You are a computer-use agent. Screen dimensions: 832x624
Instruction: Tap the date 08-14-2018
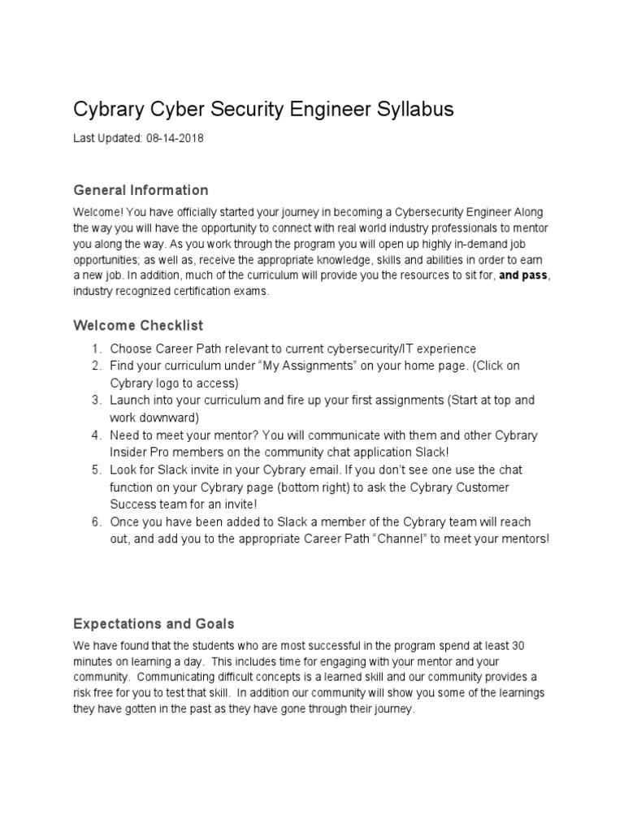(x=175, y=139)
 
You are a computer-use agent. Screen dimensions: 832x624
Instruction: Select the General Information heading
(x=141, y=190)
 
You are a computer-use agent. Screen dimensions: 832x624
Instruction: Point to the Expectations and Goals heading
(x=154, y=624)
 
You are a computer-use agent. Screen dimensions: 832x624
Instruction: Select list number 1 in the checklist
(x=95, y=349)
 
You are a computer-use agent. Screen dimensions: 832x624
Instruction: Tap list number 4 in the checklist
(x=95, y=435)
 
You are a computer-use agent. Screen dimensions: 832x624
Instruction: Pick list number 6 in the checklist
(x=95, y=521)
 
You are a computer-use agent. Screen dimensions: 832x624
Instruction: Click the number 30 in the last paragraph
(x=517, y=646)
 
